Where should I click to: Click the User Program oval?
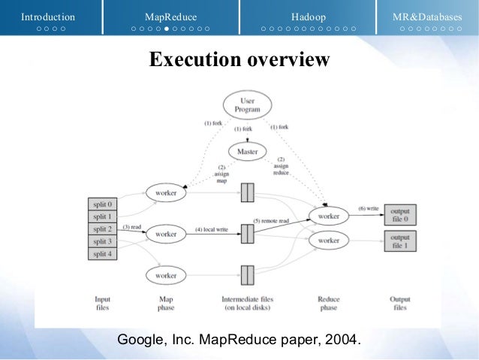(x=247, y=105)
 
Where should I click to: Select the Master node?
(x=247, y=151)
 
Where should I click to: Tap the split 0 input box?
(x=103, y=204)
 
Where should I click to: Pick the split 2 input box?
(x=103, y=228)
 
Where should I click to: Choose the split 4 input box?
(x=103, y=254)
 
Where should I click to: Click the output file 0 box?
(x=400, y=215)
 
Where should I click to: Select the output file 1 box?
(x=400, y=241)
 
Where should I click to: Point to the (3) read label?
(x=131, y=227)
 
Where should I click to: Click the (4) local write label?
(x=213, y=228)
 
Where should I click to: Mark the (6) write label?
(x=369, y=207)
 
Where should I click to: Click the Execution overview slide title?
(x=239, y=59)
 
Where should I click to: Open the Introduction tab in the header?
(x=48, y=17)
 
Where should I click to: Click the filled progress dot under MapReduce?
(x=166, y=29)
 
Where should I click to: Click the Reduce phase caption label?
(x=328, y=303)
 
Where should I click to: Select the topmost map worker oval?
(x=166, y=193)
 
